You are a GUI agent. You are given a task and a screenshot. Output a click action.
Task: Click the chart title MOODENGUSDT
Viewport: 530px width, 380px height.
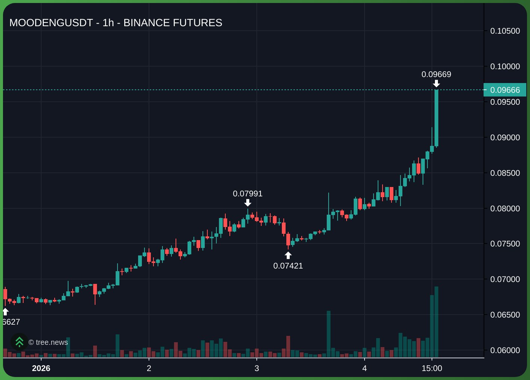tap(116, 23)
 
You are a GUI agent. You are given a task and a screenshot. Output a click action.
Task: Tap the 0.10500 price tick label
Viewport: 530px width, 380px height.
tap(505, 31)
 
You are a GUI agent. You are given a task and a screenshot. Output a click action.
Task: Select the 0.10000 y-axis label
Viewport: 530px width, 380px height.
tap(505, 67)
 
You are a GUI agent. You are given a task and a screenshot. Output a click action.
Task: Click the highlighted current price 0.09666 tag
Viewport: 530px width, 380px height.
tap(505, 90)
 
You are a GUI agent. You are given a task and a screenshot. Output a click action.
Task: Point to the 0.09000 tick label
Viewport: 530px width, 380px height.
tap(505, 138)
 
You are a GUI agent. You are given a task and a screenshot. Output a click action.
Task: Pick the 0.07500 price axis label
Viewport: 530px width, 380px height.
tap(505, 244)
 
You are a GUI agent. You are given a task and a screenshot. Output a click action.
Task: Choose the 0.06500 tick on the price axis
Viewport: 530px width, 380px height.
tap(505, 315)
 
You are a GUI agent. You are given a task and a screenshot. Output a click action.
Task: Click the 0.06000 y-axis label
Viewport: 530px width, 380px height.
tap(505, 350)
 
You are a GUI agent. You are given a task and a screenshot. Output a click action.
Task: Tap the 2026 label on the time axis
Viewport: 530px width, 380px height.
tap(41, 368)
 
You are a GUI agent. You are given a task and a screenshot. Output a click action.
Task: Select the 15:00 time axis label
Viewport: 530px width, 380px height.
tap(432, 368)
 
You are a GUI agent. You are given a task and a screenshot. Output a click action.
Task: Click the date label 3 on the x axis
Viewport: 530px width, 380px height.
tap(257, 368)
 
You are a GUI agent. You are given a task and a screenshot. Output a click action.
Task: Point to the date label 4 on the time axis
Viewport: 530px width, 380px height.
tap(365, 368)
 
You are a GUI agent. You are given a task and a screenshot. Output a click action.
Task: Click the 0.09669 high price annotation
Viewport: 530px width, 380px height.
tap(436, 74)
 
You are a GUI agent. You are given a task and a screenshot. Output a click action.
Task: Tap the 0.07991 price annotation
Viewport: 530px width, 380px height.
tap(247, 194)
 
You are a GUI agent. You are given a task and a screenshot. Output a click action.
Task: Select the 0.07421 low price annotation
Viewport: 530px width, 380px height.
tap(288, 266)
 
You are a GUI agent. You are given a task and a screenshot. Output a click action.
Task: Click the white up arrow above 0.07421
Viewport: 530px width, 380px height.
tap(288, 255)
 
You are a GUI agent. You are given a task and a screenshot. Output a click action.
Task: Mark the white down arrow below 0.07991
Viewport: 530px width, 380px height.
tap(248, 203)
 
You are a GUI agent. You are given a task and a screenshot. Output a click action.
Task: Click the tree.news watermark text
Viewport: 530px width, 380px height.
tap(48, 342)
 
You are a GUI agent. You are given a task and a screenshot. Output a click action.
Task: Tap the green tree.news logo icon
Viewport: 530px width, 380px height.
tap(19, 342)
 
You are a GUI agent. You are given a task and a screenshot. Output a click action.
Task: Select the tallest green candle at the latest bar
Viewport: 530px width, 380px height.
tap(436, 118)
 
